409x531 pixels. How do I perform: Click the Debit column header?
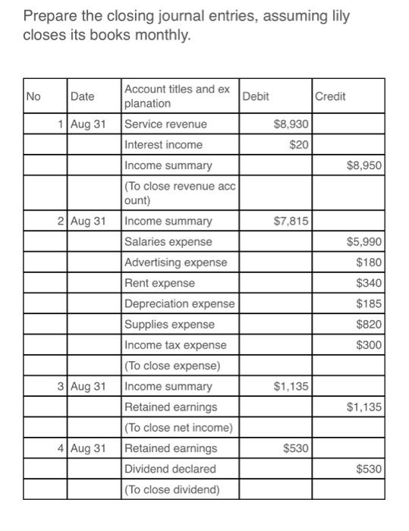pyautogui.click(x=256, y=96)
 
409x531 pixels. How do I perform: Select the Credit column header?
pyautogui.click(x=330, y=96)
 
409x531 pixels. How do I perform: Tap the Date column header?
pyautogui.click(x=83, y=96)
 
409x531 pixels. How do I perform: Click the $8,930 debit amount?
pyautogui.click(x=291, y=124)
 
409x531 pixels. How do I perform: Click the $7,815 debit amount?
pyautogui.click(x=291, y=221)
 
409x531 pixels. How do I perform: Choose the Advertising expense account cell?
pyautogui.click(x=175, y=262)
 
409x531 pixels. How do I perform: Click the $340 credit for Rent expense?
pyautogui.click(x=369, y=283)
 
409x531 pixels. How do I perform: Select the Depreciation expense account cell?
pyautogui.click(x=179, y=303)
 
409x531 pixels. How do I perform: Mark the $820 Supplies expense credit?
pyautogui.click(x=369, y=324)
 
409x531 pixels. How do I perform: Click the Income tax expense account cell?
pyautogui.click(x=175, y=345)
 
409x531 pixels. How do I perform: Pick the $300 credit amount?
pyautogui.click(x=369, y=345)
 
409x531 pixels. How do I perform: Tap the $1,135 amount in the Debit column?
pyautogui.click(x=291, y=386)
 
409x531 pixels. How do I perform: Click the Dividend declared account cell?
pyautogui.click(x=170, y=469)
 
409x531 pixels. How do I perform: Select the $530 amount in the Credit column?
pyautogui.click(x=369, y=469)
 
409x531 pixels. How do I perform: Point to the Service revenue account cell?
pyautogui.click(x=165, y=124)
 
